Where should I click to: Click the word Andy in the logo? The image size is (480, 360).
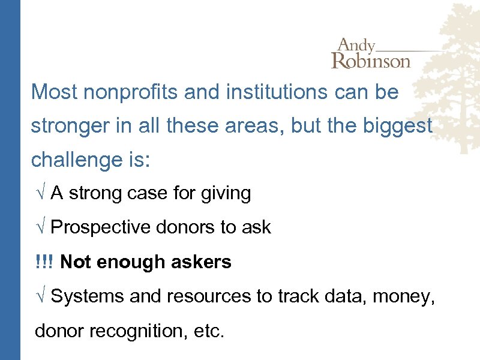point(356,46)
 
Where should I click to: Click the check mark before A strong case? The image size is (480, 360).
point(40,194)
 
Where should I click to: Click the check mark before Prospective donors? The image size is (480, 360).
point(40,228)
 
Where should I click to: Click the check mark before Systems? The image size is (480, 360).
point(40,296)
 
